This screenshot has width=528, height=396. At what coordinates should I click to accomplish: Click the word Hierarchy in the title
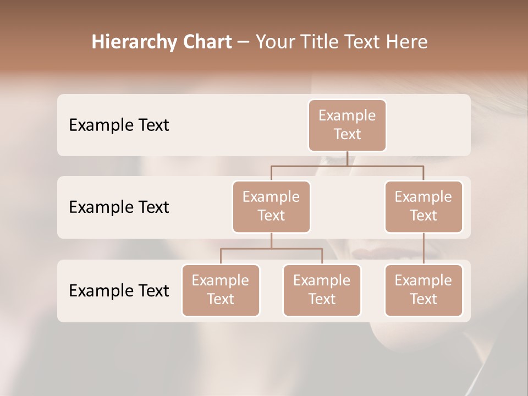pos(128,42)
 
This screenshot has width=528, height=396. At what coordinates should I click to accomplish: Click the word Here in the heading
pos(406,42)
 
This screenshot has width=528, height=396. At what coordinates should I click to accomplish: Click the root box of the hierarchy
pos(347,125)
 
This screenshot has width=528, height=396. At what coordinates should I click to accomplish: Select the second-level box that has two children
pos(271,206)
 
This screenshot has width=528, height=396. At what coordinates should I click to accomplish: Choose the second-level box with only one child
pos(424,206)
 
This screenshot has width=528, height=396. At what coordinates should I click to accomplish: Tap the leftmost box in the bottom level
pos(221,290)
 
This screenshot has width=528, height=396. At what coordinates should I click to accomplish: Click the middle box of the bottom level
pos(322,290)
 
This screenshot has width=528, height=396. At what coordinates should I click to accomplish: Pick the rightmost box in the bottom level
pos(424,290)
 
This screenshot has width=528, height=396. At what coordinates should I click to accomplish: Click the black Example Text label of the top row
pos(119,125)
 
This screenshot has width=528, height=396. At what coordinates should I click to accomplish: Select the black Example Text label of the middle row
pos(119,207)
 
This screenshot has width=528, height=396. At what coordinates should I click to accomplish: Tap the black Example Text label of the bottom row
pos(119,290)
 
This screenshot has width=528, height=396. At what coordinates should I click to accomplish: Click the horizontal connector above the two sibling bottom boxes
pos(271,249)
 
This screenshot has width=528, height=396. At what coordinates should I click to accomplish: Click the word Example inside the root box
pos(347,116)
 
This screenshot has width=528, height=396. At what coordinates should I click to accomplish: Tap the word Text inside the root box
pos(347,134)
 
